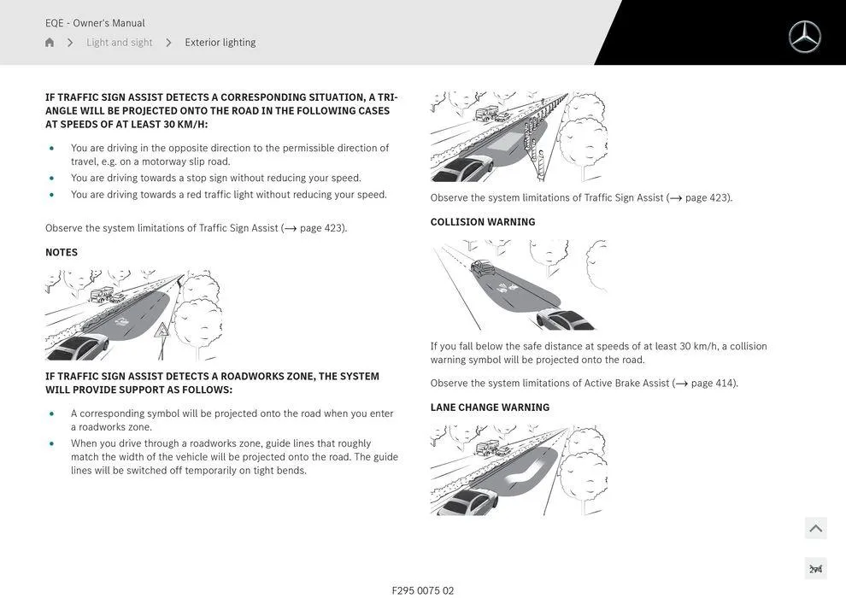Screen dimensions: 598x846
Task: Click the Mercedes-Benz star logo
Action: (804, 37)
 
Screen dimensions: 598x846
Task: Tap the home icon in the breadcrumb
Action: (50, 43)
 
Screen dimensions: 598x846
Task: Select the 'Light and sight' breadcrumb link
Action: (119, 43)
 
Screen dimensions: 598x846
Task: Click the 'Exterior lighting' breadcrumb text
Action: (220, 43)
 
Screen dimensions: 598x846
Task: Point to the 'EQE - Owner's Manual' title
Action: (95, 23)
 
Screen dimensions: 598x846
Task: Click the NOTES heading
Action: (62, 253)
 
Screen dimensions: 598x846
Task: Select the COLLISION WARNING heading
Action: (483, 222)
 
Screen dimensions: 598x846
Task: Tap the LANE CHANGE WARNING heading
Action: (490, 407)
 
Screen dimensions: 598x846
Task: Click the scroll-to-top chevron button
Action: (815, 528)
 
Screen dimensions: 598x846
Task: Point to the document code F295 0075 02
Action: (423, 590)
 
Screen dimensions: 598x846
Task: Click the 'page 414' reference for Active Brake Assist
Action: (712, 384)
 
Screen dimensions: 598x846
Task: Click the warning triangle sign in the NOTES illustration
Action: (162, 330)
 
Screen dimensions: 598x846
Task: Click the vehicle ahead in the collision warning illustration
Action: (483, 267)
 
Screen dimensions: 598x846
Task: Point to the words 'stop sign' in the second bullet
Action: (207, 179)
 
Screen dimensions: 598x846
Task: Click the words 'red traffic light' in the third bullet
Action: (220, 195)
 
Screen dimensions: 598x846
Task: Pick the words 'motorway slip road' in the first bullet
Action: (185, 161)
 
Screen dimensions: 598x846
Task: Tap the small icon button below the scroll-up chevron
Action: (815, 569)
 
